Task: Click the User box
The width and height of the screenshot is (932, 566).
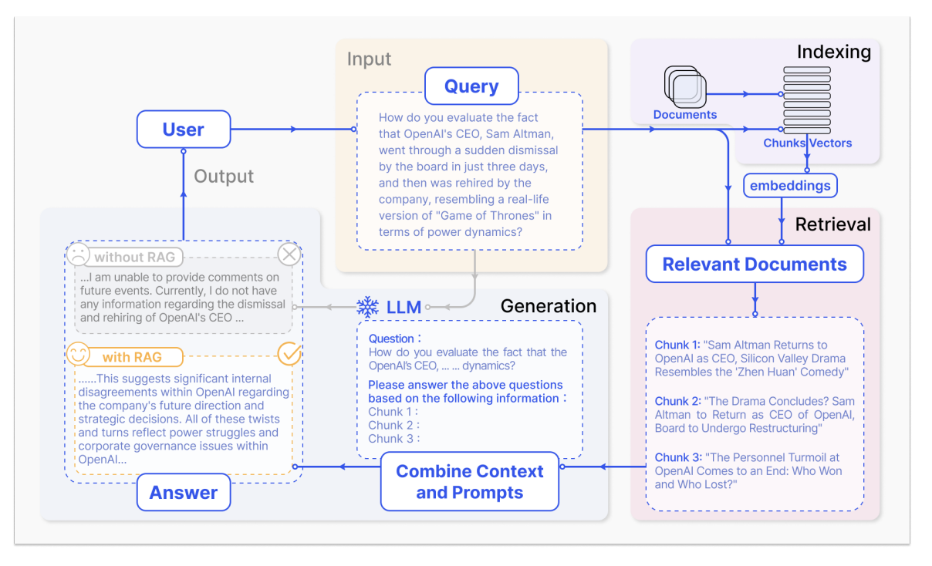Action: point(184,129)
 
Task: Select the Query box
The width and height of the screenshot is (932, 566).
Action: point(471,86)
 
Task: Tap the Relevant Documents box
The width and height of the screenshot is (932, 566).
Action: point(755,264)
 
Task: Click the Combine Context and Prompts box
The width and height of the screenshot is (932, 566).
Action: point(469,482)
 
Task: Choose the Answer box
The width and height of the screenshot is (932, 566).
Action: point(184,493)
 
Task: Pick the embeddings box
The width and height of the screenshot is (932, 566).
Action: point(790,186)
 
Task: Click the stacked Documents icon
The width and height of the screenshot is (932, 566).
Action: point(685,86)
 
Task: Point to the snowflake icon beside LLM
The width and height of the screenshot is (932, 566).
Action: point(368,307)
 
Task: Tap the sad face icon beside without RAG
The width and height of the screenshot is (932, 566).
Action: point(78,254)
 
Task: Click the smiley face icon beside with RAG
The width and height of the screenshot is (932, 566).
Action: point(78,354)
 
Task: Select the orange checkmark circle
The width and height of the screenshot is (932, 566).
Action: point(289,354)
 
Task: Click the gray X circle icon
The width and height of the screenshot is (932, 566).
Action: point(289,254)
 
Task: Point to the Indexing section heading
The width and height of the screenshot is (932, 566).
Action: point(834,52)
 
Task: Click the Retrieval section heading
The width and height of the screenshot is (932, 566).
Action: point(833,224)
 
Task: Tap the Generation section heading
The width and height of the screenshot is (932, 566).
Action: point(549,306)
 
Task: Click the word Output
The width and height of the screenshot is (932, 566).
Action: point(224,177)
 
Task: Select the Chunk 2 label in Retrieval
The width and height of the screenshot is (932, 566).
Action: point(677,401)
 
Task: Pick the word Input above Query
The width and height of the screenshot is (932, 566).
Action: point(369,59)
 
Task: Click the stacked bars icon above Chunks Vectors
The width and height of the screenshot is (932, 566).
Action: point(807,100)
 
